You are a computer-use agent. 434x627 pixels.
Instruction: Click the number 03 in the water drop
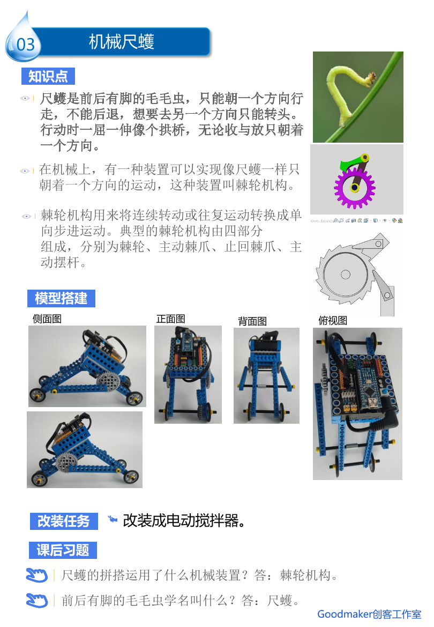(26, 45)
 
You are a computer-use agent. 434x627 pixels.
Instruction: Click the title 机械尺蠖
(122, 42)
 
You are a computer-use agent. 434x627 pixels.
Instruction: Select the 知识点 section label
(48, 76)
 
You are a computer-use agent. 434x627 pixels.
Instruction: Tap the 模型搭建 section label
(61, 298)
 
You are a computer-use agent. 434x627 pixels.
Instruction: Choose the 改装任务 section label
(64, 521)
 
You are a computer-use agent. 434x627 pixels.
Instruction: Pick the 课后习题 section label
(63, 550)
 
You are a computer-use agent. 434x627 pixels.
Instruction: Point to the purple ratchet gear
(355, 187)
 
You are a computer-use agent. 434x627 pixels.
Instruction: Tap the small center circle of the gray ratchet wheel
(346, 274)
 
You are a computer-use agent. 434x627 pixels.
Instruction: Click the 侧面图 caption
(47, 319)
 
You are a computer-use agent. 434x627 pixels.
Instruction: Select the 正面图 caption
(170, 319)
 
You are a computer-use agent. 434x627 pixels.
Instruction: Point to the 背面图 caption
(252, 321)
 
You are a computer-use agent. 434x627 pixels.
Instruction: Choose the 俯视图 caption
(333, 320)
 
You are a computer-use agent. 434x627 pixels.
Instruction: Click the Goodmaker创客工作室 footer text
(369, 614)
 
